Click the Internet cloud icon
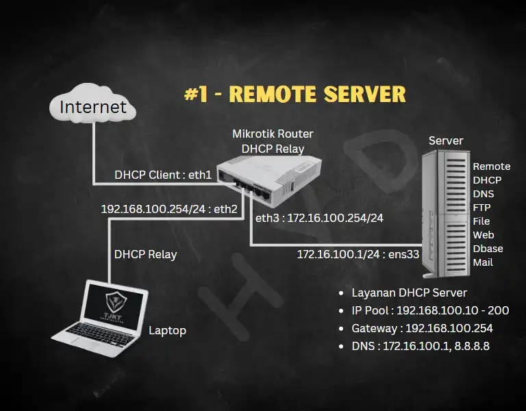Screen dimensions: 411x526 coord(92,108)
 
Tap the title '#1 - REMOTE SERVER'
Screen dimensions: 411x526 coord(295,94)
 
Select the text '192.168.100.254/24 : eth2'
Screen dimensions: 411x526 coord(168,209)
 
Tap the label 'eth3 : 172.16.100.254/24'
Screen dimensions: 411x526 coord(319,219)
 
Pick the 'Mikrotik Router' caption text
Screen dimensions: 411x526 coord(273,134)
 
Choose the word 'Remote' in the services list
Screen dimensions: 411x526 coord(491,166)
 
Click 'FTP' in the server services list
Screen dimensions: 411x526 coord(483,208)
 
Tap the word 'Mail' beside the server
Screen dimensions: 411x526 coord(483,262)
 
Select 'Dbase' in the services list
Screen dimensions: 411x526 coord(488,249)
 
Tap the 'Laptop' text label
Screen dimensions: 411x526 coord(168,330)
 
